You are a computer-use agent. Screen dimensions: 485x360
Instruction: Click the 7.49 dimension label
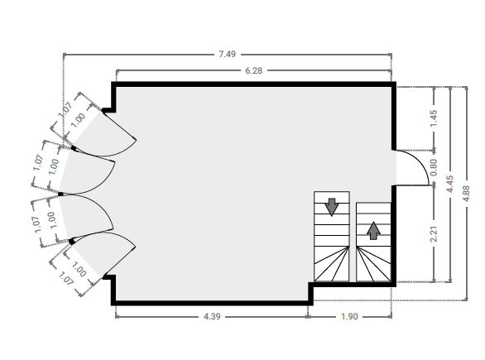227,55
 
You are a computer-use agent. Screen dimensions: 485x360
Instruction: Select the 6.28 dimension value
253,71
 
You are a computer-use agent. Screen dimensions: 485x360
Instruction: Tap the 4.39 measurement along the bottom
212,317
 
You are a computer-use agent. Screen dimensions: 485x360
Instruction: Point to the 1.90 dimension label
349,317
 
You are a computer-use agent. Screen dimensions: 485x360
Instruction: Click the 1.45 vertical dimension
434,118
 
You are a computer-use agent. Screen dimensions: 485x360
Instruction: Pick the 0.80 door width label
434,167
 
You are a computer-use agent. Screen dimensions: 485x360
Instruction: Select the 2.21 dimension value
434,234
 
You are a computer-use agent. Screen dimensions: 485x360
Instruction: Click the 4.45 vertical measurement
450,184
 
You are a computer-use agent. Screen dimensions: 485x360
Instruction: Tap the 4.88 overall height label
467,194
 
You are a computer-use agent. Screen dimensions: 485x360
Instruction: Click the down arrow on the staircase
332,207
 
